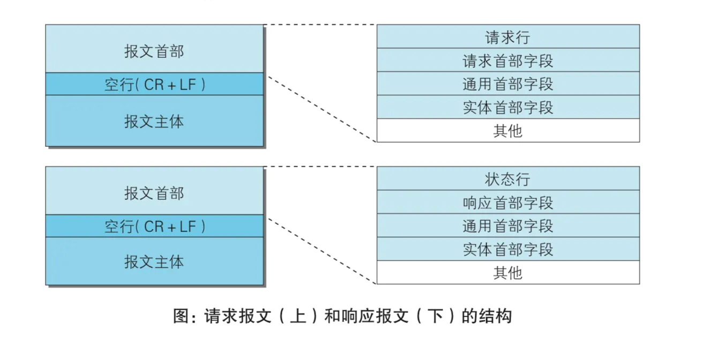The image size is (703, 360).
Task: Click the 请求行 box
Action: pyautogui.click(x=507, y=37)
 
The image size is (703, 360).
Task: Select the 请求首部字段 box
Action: pyautogui.click(x=507, y=61)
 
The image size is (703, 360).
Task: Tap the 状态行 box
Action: pyautogui.click(x=507, y=179)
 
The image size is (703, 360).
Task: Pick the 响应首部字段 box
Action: pyautogui.click(x=507, y=202)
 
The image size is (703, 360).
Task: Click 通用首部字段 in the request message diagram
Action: pyautogui.click(x=507, y=84)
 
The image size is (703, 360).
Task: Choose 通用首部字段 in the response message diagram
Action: pyautogui.click(x=507, y=226)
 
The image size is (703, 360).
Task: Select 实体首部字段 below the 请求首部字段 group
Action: pyautogui.click(x=507, y=108)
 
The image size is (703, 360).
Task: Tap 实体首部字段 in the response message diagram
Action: pyautogui.click(x=507, y=250)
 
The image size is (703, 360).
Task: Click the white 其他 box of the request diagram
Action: pyautogui.click(x=507, y=131)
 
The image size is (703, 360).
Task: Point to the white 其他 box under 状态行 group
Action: pyautogui.click(x=507, y=273)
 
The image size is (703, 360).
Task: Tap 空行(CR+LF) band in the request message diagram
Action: pyautogui.click(x=154, y=84)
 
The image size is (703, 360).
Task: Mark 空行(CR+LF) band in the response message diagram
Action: pyautogui.click(x=154, y=226)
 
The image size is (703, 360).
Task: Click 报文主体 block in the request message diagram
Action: pyautogui.click(x=154, y=121)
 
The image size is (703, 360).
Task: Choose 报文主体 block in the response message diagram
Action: pyautogui.click(x=154, y=261)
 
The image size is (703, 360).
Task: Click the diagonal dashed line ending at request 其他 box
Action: pyautogui.click(x=321, y=109)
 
